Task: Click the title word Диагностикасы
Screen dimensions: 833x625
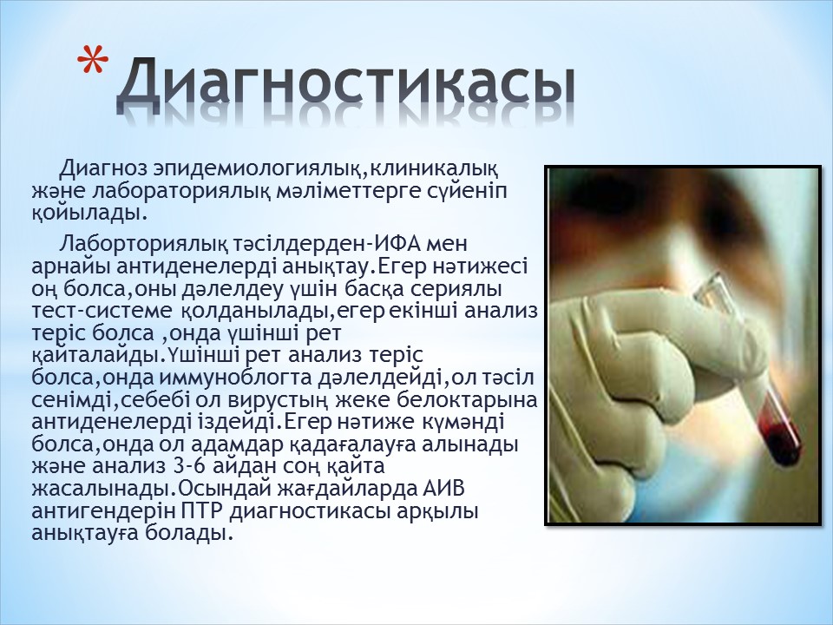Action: pyautogui.click(x=346, y=84)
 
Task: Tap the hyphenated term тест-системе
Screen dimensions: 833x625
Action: pyautogui.click(x=102, y=312)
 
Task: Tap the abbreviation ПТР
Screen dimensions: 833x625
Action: pyautogui.click(x=204, y=511)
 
